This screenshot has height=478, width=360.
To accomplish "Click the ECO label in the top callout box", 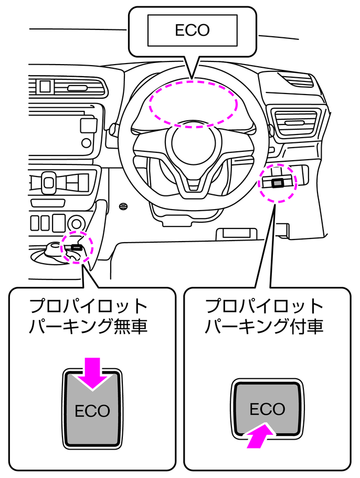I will [192, 30].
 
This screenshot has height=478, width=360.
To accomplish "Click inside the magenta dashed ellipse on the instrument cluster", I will [193, 103].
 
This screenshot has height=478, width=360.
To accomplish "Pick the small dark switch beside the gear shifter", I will [77, 246].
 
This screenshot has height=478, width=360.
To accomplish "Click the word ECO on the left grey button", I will [92, 410].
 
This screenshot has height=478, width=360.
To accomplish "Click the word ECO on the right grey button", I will [267, 409].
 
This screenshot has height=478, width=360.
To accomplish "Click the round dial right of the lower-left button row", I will [77, 223].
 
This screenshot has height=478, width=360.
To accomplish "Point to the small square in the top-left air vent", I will [45, 86].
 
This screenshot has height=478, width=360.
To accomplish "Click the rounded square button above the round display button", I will [88, 124].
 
